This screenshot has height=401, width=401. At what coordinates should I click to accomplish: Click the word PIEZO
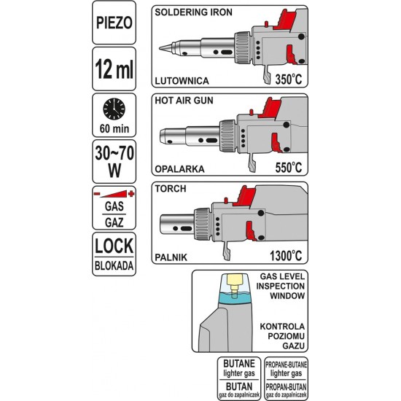click(114, 23)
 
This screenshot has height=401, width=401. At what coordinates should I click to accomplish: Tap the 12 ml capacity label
click(114, 69)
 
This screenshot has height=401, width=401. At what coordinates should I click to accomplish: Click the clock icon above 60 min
click(114, 109)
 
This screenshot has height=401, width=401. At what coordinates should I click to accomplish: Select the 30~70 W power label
click(114, 162)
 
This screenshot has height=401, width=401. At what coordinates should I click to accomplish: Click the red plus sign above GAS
click(131, 194)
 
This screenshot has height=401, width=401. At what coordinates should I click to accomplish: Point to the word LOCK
click(114, 246)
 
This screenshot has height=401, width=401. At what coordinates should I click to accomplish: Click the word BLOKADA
click(114, 265)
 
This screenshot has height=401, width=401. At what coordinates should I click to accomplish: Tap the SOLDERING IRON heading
click(193, 12)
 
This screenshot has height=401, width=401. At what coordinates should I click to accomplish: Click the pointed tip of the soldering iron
click(160, 48)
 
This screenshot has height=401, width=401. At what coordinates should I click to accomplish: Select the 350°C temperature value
click(289, 79)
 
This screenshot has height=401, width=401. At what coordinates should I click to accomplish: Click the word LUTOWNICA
click(182, 81)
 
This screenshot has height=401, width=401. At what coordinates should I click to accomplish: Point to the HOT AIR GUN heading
click(184, 101)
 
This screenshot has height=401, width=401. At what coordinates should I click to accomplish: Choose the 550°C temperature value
click(289, 168)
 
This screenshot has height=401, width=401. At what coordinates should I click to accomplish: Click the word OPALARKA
click(179, 169)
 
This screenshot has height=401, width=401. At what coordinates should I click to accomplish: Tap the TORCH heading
click(171, 189)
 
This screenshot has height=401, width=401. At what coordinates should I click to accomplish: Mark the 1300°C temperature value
click(286, 256)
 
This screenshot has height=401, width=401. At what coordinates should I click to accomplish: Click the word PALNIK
click(171, 257)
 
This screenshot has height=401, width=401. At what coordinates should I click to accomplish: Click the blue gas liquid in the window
click(235, 298)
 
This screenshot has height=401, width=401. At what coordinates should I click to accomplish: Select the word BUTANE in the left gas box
click(239, 364)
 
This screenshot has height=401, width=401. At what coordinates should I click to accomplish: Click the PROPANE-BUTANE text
click(286, 365)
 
